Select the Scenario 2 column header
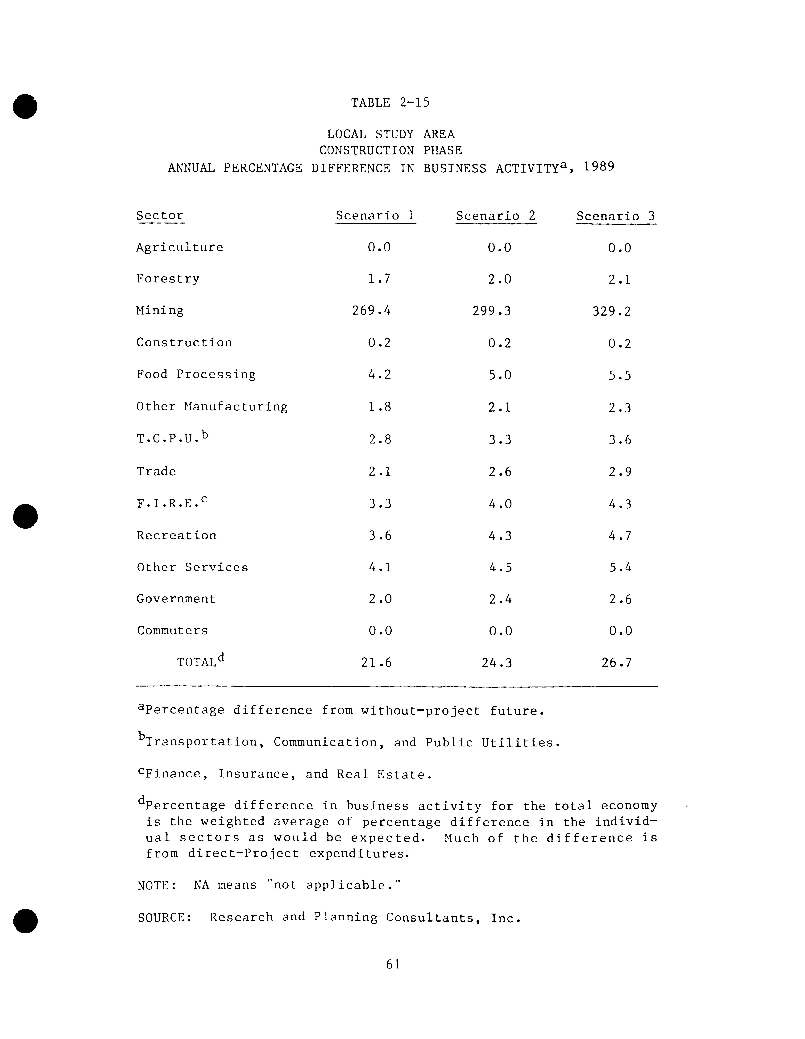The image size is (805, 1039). click(496, 216)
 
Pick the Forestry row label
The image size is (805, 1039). click(167, 279)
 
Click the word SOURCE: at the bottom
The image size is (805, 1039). click(165, 917)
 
